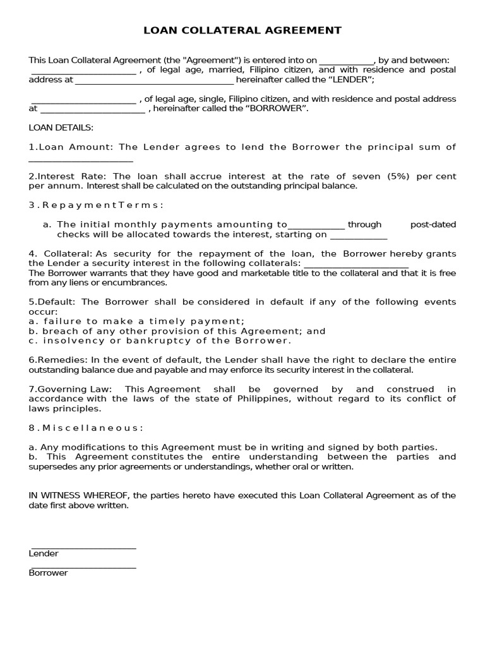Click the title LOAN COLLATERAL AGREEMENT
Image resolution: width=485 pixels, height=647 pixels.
tap(242, 30)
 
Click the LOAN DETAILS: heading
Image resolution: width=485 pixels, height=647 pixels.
tap(61, 128)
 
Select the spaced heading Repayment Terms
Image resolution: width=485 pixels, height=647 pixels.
tap(96, 205)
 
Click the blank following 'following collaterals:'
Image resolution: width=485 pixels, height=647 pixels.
tap(356, 264)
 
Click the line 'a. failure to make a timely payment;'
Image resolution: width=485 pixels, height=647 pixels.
tap(136, 321)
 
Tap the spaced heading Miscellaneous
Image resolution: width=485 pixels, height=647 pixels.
tap(86, 428)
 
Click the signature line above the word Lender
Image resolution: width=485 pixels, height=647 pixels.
tap(83, 548)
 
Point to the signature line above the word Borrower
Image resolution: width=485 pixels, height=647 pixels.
tap(83, 567)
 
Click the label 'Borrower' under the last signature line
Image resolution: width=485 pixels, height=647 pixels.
tap(49, 573)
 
